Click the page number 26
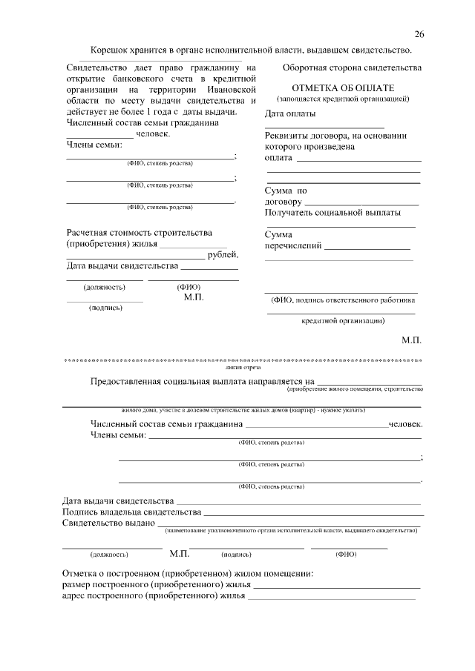point(419,35)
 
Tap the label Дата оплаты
point(290,114)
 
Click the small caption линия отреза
point(243,366)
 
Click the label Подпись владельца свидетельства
point(132,512)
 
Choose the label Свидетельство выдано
point(108,523)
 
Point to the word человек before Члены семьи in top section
point(153,134)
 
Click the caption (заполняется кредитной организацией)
point(342,99)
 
